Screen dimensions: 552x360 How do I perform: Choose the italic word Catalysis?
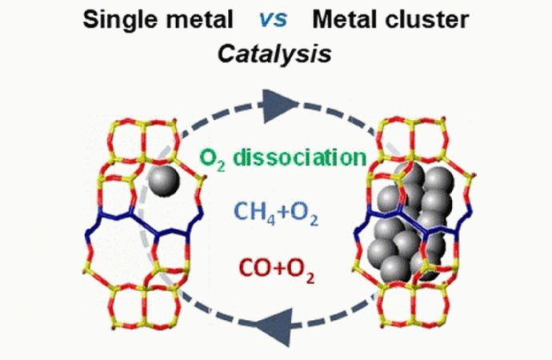click(x=274, y=54)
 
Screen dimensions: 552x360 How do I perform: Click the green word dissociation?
click(x=300, y=157)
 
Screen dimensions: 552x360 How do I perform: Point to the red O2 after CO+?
click(x=300, y=270)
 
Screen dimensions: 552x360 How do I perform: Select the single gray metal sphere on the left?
click(x=163, y=181)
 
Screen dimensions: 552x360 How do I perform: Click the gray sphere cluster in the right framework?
click(x=410, y=222)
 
